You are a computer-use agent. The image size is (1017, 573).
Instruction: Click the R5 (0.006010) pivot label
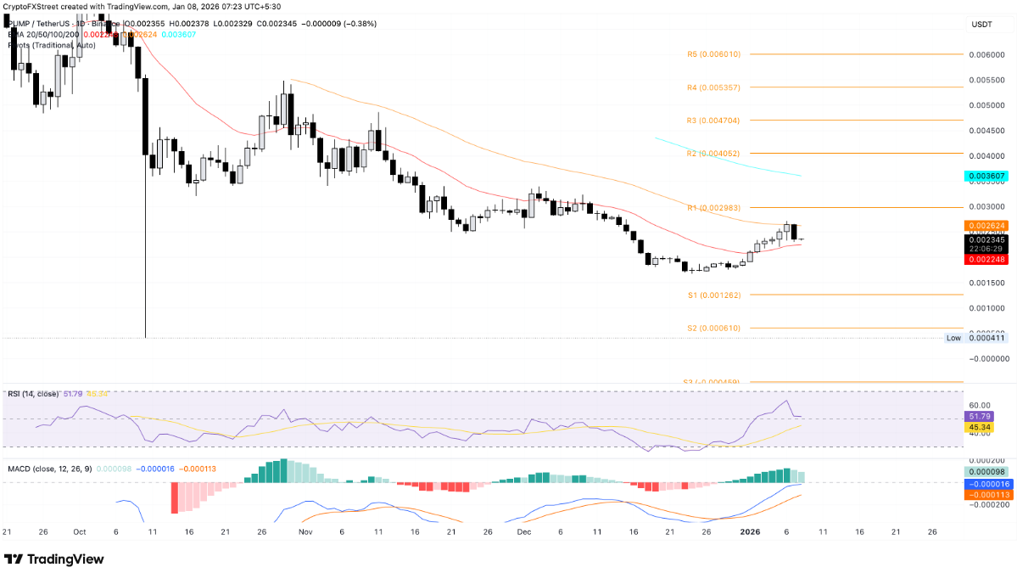(x=713, y=53)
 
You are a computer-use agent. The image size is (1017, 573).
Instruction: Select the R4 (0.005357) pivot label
(x=713, y=87)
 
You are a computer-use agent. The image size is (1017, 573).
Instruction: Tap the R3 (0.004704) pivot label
(x=713, y=121)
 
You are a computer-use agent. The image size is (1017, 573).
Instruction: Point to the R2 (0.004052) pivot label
(x=713, y=154)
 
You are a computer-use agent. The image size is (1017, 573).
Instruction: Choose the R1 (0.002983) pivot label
(x=713, y=207)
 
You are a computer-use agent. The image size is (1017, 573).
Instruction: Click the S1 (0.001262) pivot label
(x=713, y=295)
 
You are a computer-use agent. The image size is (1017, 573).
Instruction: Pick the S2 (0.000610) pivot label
(x=713, y=328)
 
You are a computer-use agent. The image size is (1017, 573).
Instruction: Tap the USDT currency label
(x=982, y=25)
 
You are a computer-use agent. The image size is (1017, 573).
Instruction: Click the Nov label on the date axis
(x=306, y=531)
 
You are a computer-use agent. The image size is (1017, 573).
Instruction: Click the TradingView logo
(x=54, y=559)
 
